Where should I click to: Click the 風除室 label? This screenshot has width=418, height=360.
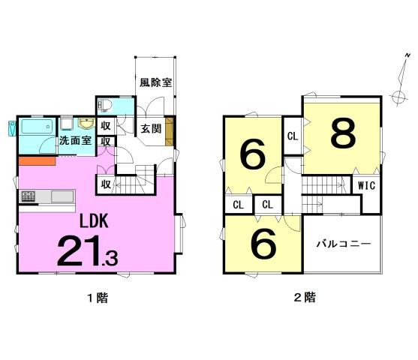pyautogui.click(x=156, y=82)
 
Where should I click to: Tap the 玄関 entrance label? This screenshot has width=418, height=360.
pyautogui.click(x=151, y=129)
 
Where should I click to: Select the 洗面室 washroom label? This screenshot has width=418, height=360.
pyautogui.click(x=75, y=140)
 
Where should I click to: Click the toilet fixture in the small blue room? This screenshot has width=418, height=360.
pyautogui.click(x=104, y=105)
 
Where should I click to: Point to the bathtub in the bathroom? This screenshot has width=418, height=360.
pyautogui.click(x=37, y=126)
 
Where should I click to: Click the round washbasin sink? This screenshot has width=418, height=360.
pyautogui.click(x=86, y=124)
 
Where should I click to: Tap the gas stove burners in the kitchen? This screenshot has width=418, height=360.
pyautogui.click(x=29, y=196)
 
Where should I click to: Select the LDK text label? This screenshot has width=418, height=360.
pyautogui.click(x=94, y=221)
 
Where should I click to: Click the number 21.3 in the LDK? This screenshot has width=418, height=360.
pyautogui.click(x=88, y=250)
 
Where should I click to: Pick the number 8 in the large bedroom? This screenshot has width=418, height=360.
pyautogui.click(x=344, y=133)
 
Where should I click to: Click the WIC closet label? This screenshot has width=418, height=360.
pyautogui.click(x=366, y=185)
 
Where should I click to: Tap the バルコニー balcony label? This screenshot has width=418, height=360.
pyautogui.click(x=344, y=244)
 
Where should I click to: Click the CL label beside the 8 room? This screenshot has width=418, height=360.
pyautogui.click(x=293, y=136)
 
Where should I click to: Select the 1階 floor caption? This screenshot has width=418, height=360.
pyautogui.click(x=98, y=298)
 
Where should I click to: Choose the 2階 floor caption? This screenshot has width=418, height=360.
pyautogui.click(x=305, y=297)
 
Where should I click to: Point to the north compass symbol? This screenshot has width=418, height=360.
pyautogui.click(x=401, y=79)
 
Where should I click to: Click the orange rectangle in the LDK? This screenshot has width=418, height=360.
pyautogui.click(x=37, y=161)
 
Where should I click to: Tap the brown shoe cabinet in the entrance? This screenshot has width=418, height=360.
pyautogui.click(x=170, y=131)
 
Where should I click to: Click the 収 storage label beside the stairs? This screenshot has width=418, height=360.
pyautogui.click(x=106, y=184)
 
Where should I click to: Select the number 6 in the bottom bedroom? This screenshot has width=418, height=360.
pyautogui.click(x=264, y=244)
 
